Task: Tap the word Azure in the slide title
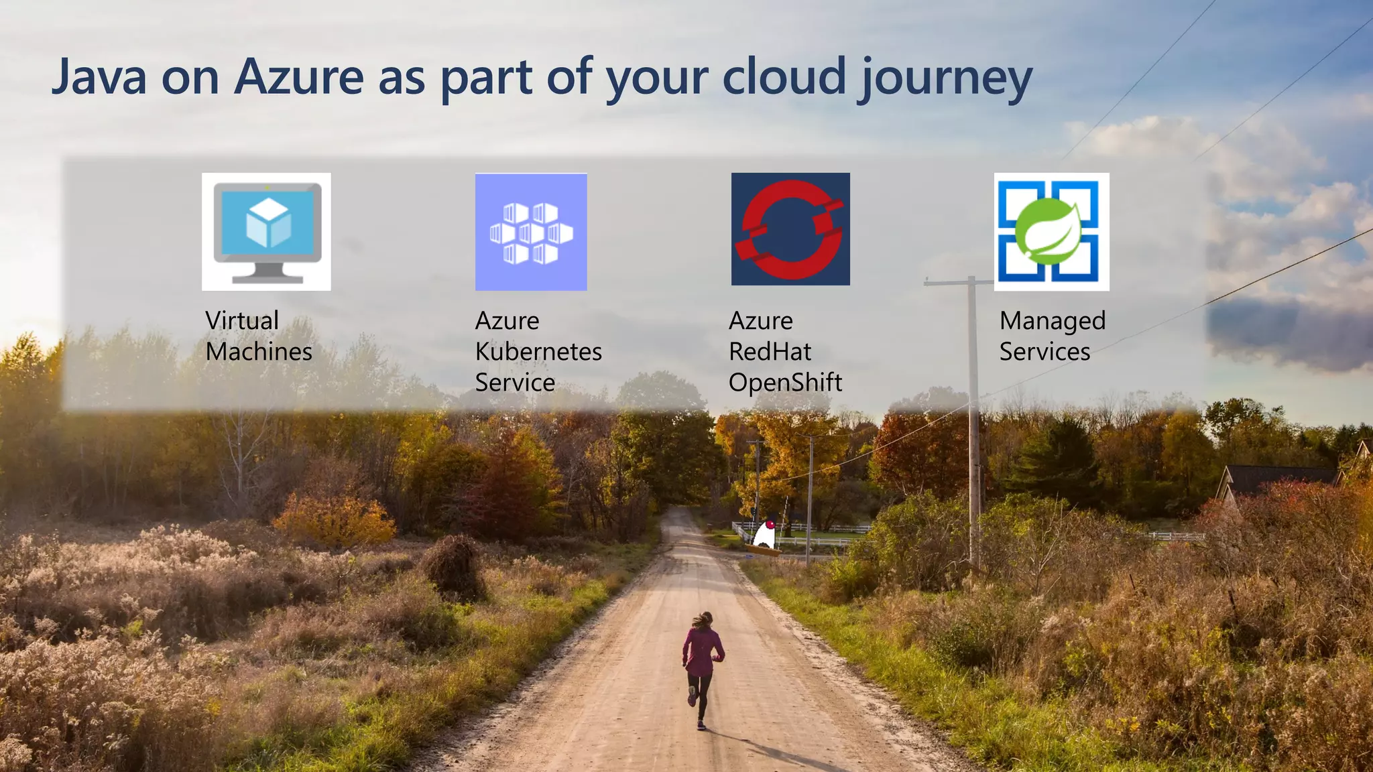click(x=298, y=77)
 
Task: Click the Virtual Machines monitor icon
click(x=266, y=232)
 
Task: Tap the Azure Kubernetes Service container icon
click(x=531, y=232)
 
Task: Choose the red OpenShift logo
click(x=790, y=229)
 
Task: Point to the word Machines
click(x=259, y=352)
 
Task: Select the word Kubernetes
click(x=538, y=352)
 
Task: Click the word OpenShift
click(x=785, y=383)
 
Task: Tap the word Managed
click(x=1052, y=322)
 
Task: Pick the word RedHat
click(x=770, y=352)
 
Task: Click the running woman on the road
click(x=701, y=667)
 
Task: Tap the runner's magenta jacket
click(x=701, y=650)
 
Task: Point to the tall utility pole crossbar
click(x=959, y=282)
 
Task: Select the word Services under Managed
click(x=1044, y=352)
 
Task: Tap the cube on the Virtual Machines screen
click(x=268, y=224)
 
